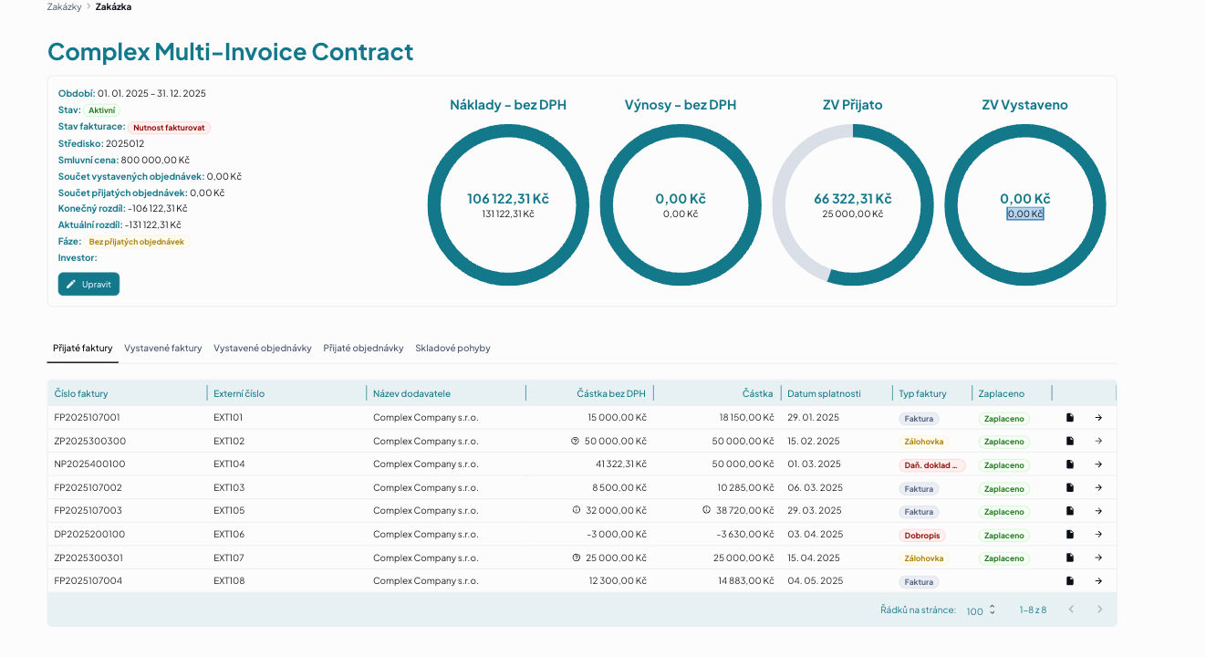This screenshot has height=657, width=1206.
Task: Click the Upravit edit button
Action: (88, 284)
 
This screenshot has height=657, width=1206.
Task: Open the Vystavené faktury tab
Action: (163, 348)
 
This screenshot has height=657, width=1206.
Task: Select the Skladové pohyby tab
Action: (452, 348)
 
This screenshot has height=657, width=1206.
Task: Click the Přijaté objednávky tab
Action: (363, 348)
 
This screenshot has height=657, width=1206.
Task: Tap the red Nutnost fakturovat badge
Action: (169, 128)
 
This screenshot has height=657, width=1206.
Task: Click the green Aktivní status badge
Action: (102, 110)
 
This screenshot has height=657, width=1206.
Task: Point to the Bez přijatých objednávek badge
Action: (136, 242)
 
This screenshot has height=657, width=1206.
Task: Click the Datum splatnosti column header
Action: (824, 393)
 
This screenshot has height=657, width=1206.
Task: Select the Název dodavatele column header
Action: (411, 393)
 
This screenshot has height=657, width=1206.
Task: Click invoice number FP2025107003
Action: (88, 510)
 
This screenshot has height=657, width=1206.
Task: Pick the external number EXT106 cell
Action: (229, 534)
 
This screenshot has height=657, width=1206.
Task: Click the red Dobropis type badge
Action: (921, 536)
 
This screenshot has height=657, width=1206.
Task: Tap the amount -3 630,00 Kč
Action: (745, 534)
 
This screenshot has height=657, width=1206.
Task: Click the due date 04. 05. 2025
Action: (816, 580)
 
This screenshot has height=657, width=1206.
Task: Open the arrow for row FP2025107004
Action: (1098, 581)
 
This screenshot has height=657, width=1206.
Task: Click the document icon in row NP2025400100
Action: (1070, 464)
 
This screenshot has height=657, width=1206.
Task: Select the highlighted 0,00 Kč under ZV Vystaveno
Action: (1025, 214)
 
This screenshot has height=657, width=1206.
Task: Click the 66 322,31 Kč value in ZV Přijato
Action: (853, 199)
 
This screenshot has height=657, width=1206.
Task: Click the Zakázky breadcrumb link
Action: (64, 7)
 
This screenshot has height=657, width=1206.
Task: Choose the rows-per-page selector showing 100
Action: (981, 610)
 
